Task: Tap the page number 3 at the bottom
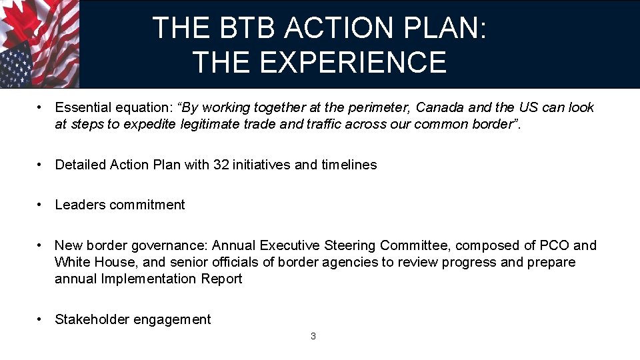tap(313, 336)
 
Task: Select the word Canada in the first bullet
tap(438, 108)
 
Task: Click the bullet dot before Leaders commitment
tap(41, 205)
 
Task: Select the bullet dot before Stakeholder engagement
tap(41, 319)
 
